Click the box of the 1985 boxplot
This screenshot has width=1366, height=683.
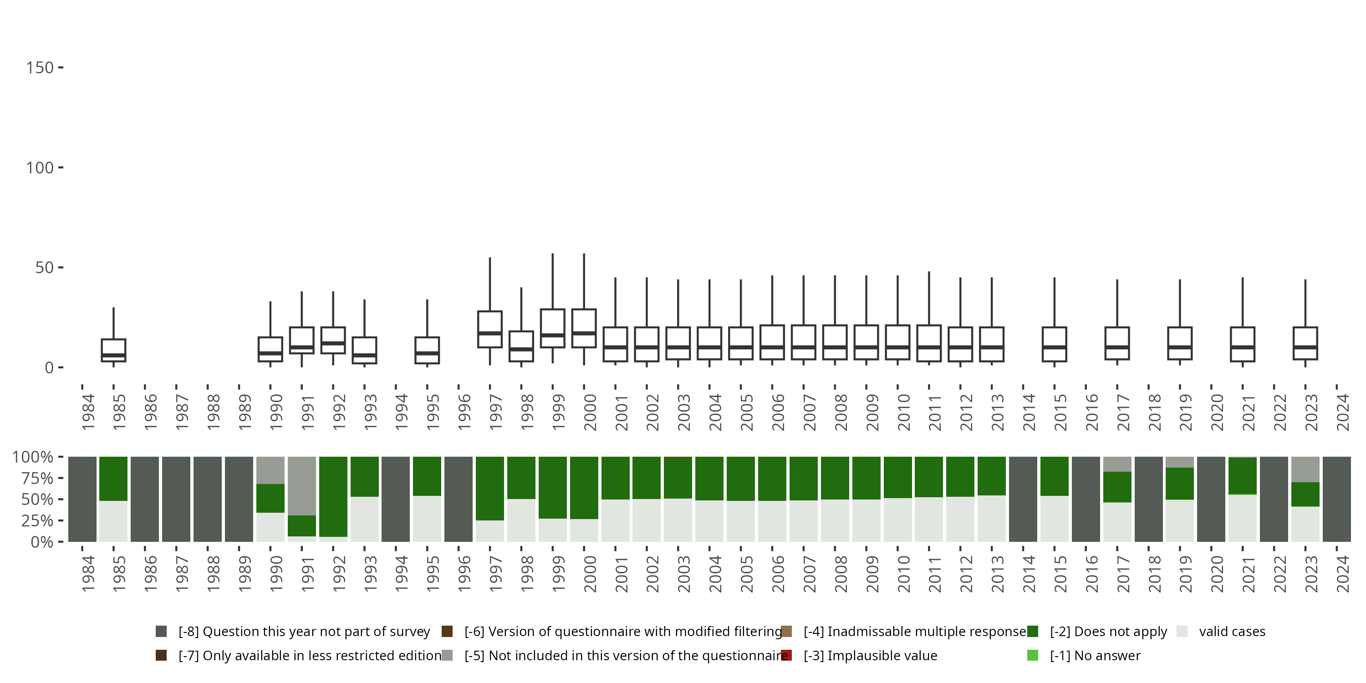tap(113, 350)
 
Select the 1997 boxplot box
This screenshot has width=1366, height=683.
tap(489, 329)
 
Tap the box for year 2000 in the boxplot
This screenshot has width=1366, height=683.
tap(584, 328)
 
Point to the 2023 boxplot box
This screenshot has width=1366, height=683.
tap(1305, 343)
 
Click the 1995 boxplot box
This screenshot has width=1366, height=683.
tap(427, 350)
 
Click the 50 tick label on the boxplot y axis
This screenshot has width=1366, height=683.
tap(45, 267)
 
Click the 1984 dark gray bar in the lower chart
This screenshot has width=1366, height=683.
tap(82, 499)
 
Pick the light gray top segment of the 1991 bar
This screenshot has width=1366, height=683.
tap(302, 486)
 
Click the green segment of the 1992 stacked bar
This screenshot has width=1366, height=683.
tap(333, 496)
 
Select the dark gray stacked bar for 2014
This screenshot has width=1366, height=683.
tap(1023, 499)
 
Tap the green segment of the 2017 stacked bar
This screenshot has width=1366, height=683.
tap(1117, 487)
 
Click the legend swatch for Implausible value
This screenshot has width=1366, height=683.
tap(787, 655)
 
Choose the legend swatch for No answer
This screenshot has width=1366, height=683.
tap(1032, 655)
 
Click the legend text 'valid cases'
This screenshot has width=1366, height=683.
tap(1232, 632)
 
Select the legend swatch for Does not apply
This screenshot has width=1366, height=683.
tap(1032, 632)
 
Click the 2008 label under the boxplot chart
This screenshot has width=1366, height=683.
tap(841, 412)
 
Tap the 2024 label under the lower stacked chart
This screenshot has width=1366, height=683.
tap(1342, 573)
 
